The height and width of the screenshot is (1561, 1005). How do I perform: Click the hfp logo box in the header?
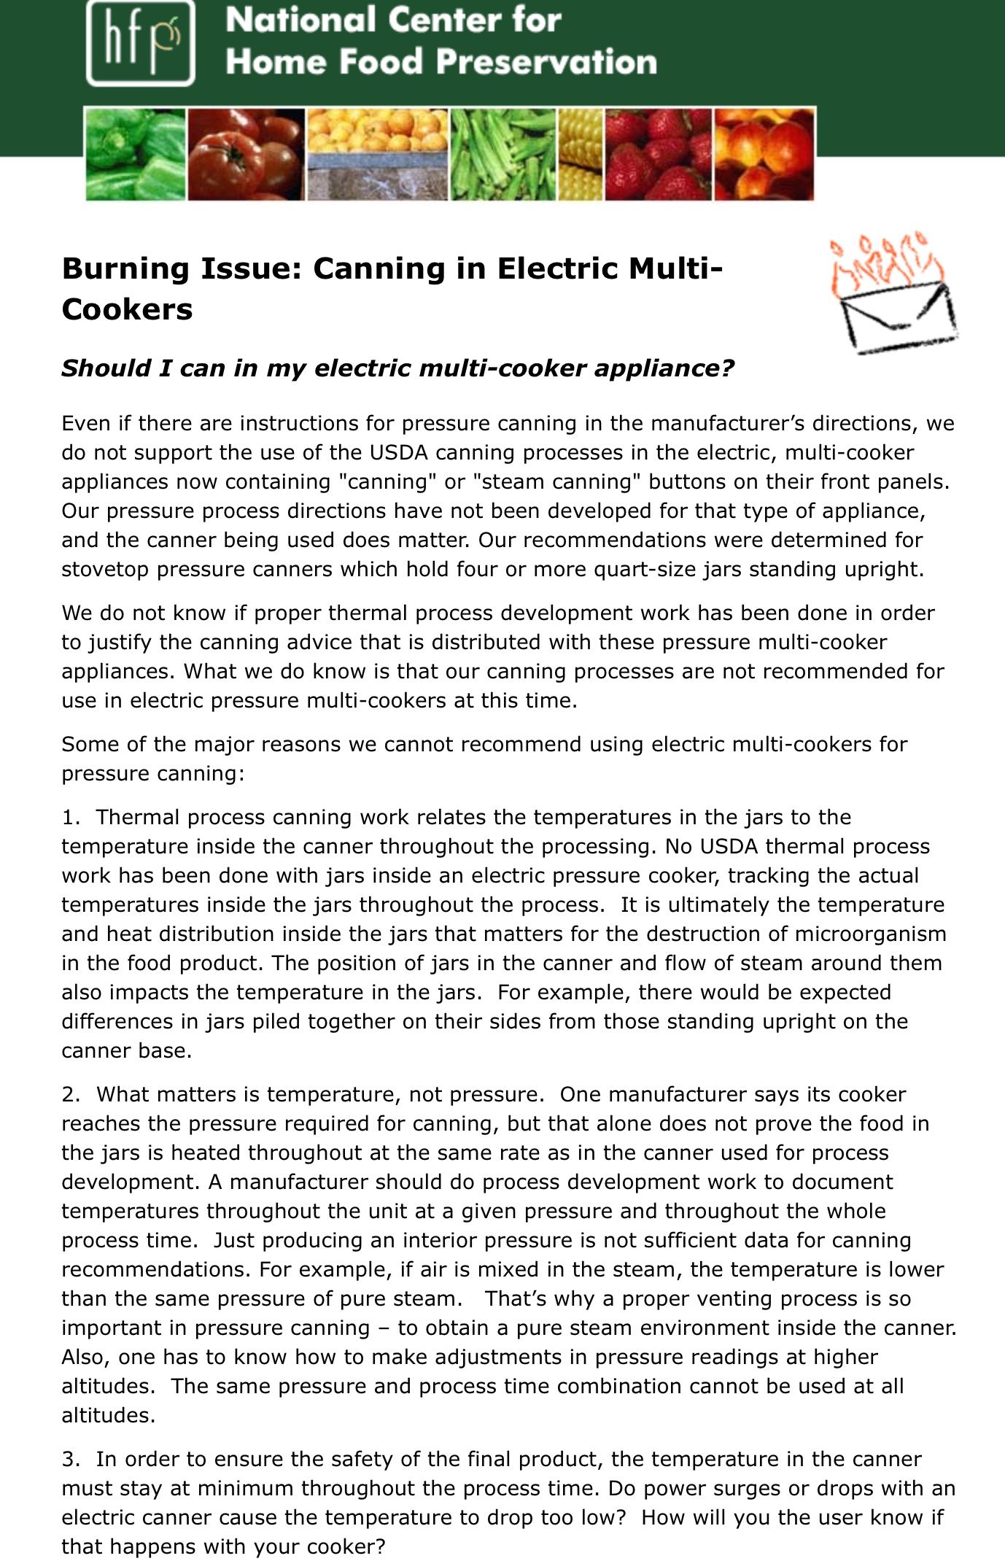tap(140, 42)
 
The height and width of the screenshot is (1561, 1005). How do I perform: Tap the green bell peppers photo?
tap(136, 155)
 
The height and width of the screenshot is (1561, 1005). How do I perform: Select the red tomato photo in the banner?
tap(246, 155)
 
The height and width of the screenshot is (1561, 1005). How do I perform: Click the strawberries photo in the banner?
tap(658, 155)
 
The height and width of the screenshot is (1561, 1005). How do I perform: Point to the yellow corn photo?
tap(581, 155)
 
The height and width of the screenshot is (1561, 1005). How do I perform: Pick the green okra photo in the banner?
tap(502, 155)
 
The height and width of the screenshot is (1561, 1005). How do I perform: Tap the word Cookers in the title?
tap(127, 309)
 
